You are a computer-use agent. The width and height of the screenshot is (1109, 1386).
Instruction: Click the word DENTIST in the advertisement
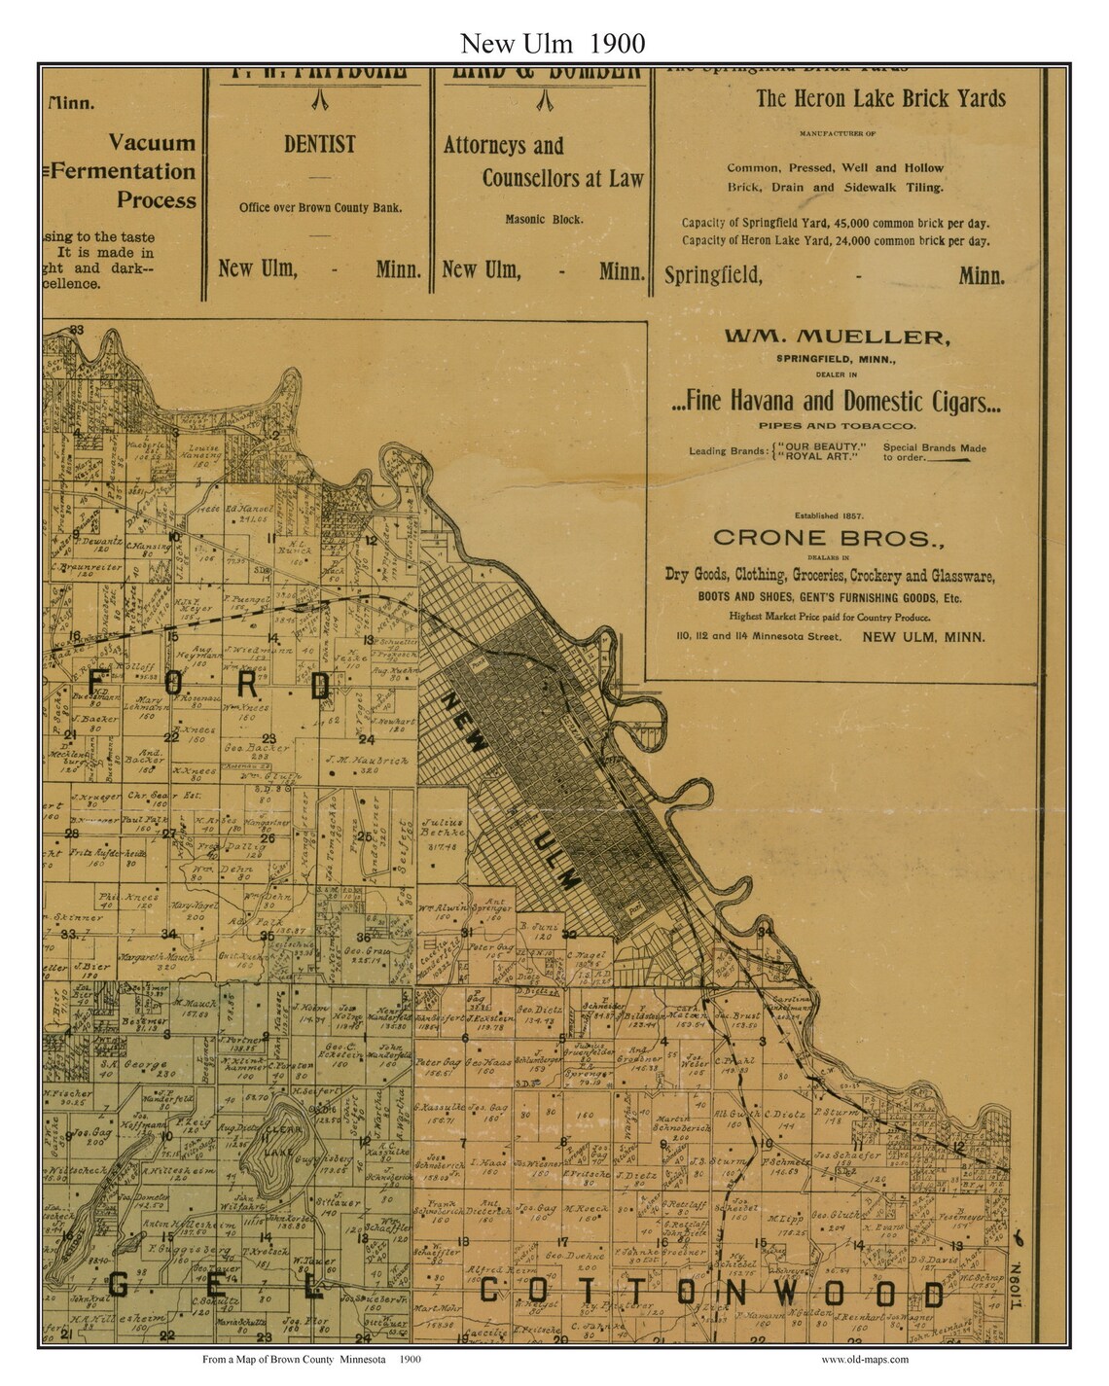(319, 144)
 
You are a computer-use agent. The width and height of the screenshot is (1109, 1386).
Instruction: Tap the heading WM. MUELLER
(836, 338)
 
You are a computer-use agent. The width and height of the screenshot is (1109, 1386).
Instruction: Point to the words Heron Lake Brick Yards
(880, 98)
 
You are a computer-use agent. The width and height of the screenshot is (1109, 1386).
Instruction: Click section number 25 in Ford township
(362, 835)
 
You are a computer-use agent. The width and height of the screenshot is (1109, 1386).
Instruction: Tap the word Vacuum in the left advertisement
(152, 143)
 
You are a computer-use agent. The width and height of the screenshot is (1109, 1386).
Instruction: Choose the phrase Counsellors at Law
(562, 179)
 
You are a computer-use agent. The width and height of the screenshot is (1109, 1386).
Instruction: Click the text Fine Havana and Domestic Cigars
(836, 401)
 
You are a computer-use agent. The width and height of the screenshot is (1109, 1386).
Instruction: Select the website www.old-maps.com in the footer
(864, 1360)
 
